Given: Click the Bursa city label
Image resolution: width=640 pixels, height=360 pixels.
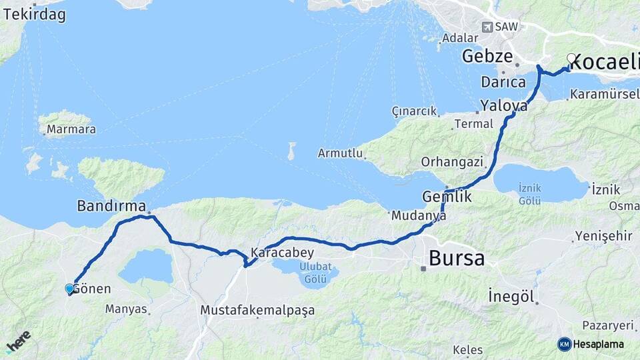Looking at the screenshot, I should [457, 258].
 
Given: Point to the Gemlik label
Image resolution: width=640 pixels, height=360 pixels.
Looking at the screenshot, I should [447, 197].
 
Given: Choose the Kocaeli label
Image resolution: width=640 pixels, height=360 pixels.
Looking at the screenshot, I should [604, 63].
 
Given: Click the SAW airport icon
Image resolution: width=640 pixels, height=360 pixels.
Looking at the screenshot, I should [488, 27].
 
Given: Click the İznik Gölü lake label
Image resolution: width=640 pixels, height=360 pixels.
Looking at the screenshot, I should [530, 193].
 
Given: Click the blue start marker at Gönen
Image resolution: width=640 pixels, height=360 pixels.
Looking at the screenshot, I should [69, 289].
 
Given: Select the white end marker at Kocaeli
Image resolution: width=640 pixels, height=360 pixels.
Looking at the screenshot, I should [571, 58].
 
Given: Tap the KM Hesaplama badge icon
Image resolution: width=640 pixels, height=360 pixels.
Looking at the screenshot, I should [565, 344].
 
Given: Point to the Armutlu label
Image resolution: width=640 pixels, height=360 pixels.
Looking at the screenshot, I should [340, 153].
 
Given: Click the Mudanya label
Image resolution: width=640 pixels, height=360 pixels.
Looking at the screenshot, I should [419, 215].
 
